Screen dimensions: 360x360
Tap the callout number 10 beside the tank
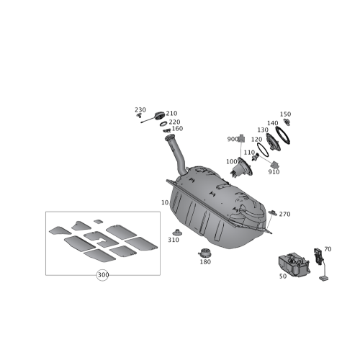coord(165,204)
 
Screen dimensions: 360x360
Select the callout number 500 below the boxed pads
coord(102,274)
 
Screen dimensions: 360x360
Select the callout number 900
coord(232,138)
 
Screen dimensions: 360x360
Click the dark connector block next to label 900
coord(242,138)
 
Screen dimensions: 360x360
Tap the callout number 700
coord(230,161)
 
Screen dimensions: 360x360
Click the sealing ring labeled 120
coord(262,147)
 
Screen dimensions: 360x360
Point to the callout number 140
coord(273,122)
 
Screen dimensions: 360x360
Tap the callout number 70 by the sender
coord(328,248)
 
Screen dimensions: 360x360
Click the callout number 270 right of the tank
coord(284,213)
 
